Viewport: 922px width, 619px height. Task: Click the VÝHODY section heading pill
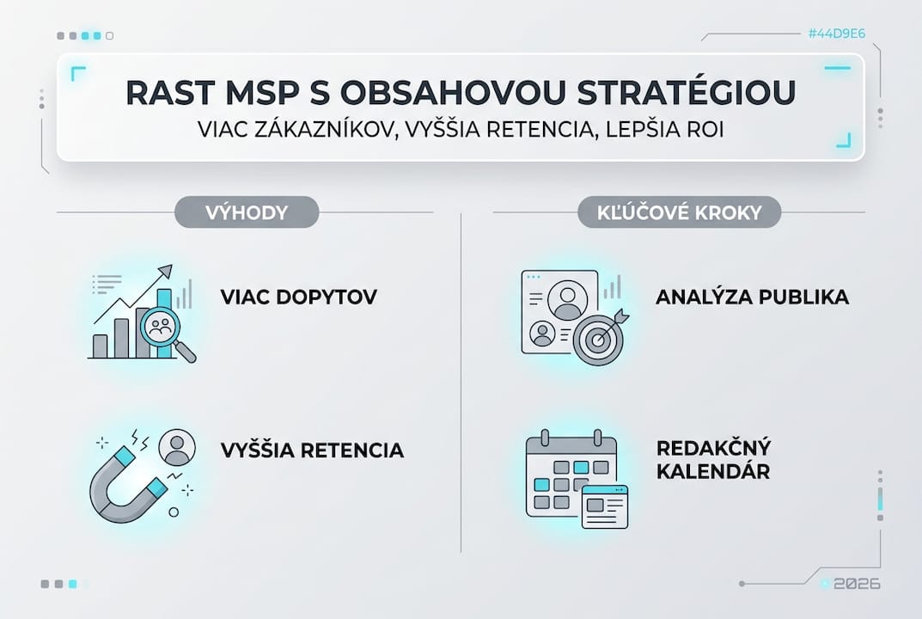click(x=246, y=211)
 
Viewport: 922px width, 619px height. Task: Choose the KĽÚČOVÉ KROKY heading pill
click(x=680, y=211)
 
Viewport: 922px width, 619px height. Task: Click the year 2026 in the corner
click(x=857, y=584)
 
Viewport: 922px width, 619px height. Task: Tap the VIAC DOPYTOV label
click(x=298, y=297)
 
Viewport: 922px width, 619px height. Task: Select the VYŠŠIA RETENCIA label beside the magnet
click(x=312, y=450)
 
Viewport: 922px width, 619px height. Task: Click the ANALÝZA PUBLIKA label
click(x=752, y=297)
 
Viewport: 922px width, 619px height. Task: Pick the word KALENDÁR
click(x=712, y=472)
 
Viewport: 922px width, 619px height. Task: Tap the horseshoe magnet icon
click(x=125, y=486)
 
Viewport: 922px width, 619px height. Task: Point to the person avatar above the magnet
click(x=177, y=447)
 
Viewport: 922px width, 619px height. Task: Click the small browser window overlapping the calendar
click(x=604, y=506)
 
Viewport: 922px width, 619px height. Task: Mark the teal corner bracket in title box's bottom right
click(x=845, y=141)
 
